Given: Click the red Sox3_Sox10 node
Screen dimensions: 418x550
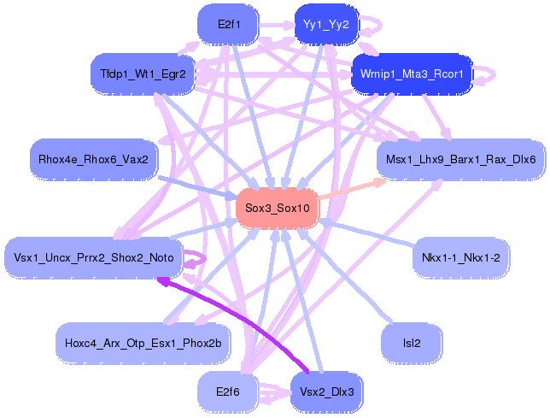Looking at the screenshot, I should coord(277,208).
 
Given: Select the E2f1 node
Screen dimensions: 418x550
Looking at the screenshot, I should coord(227,25).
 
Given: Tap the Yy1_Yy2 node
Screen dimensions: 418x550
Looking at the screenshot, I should coord(326,24).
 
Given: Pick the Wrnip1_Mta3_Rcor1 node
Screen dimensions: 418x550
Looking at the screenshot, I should coord(412,74).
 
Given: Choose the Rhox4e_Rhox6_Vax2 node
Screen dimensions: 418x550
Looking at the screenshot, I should coord(93,158).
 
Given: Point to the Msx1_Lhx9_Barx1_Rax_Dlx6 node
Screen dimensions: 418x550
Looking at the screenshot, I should coord(460,159).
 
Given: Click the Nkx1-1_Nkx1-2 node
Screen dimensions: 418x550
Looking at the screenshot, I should coord(460,257).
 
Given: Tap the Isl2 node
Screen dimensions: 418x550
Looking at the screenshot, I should coord(411,344).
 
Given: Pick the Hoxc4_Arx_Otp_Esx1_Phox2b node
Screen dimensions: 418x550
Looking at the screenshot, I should coord(143,344).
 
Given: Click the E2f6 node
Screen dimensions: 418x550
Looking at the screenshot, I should coord(227,392).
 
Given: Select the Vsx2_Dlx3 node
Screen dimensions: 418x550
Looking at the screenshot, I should coord(326,392).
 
